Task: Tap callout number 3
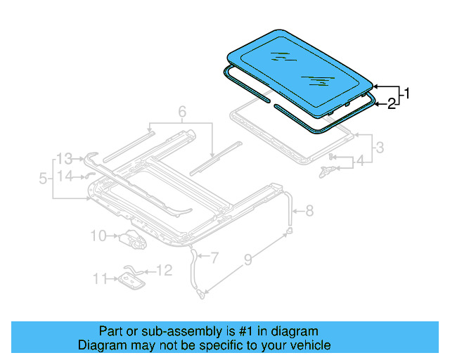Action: pos(380,148)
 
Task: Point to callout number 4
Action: pos(360,161)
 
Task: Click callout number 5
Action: pos(44,179)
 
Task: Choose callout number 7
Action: pos(215,259)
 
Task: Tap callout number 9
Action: pos(248,261)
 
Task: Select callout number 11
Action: pos(101,279)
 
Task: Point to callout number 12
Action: pos(163,270)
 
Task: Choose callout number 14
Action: pos(65,176)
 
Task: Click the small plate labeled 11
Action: pos(131,281)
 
